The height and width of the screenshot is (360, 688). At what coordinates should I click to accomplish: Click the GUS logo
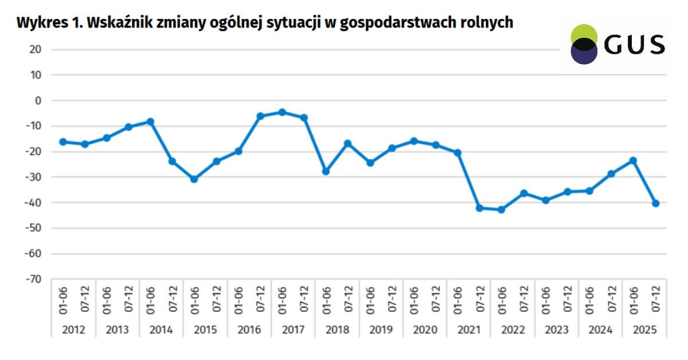tap(617, 44)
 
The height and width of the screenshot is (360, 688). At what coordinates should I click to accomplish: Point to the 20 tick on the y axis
tap(36, 50)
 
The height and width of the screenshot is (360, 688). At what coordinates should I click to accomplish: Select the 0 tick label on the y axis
tap(38, 101)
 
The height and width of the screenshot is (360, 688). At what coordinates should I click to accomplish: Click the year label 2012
tap(74, 330)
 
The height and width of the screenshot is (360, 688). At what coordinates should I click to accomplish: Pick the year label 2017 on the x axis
tap(293, 330)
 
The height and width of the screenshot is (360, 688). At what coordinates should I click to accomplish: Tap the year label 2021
tap(468, 330)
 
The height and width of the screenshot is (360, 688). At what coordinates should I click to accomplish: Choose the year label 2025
tap(644, 330)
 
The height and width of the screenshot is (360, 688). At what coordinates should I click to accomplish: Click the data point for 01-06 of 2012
tap(63, 142)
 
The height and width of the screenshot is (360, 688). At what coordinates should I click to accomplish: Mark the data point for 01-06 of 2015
tap(194, 179)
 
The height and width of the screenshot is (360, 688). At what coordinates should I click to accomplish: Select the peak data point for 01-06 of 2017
tap(282, 112)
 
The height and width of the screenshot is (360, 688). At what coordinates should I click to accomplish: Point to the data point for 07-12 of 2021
tap(479, 208)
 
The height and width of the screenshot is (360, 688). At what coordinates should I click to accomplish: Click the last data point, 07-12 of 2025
tap(655, 204)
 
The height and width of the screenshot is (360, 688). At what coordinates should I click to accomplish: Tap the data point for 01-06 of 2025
tap(633, 161)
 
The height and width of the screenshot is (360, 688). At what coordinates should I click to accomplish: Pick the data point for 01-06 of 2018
tap(326, 171)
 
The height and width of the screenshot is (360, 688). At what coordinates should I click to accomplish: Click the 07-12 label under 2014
tap(173, 299)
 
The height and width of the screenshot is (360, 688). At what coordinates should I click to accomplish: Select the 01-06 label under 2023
tap(545, 299)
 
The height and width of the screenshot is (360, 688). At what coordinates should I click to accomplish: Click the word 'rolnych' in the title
tap(486, 23)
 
